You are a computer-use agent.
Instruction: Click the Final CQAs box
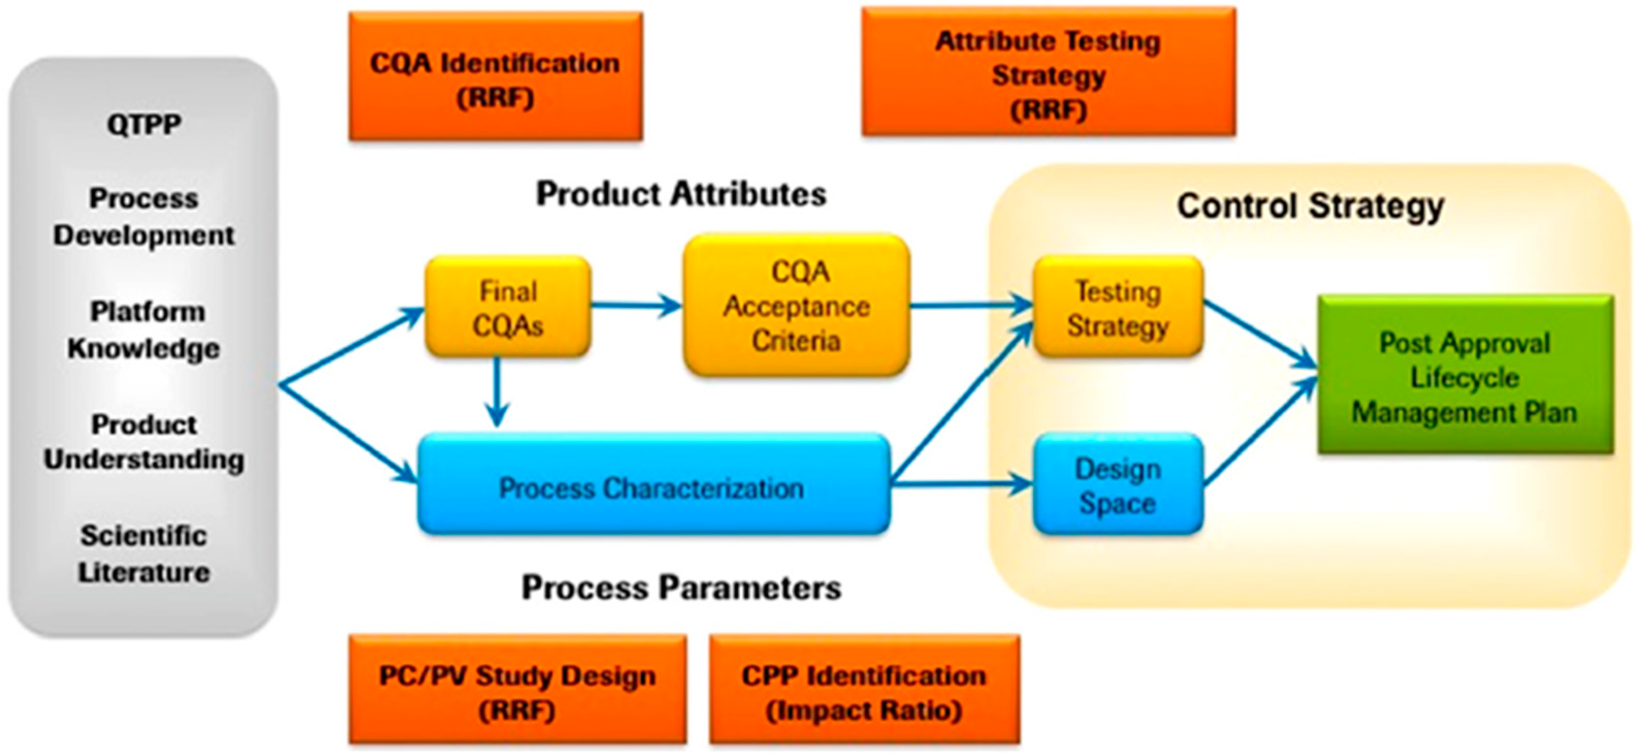coord(508,307)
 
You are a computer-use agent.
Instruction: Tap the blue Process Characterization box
coord(652,487)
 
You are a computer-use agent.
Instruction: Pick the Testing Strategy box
coord(1118,308)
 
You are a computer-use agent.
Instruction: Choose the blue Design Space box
coord(1118,486)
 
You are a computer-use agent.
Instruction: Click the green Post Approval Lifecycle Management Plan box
coord(1465,376)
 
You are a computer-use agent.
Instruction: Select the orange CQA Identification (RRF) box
coord(495,78)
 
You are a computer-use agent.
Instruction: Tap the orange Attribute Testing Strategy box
coord(1048,74)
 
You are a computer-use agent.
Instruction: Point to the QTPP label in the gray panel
coord(144,124)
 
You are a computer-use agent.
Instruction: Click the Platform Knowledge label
coord(145,330)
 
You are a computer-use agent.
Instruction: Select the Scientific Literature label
coord(144,553)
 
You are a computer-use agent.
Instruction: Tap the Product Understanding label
coord(144,442)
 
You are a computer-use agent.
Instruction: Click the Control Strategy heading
coord(1309,206)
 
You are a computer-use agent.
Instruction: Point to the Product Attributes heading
coord(681,193)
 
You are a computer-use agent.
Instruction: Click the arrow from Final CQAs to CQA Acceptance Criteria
coord(636,306)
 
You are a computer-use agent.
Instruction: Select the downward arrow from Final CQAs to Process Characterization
coord(497,391)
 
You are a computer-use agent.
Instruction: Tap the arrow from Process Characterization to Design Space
coord(961,485)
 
